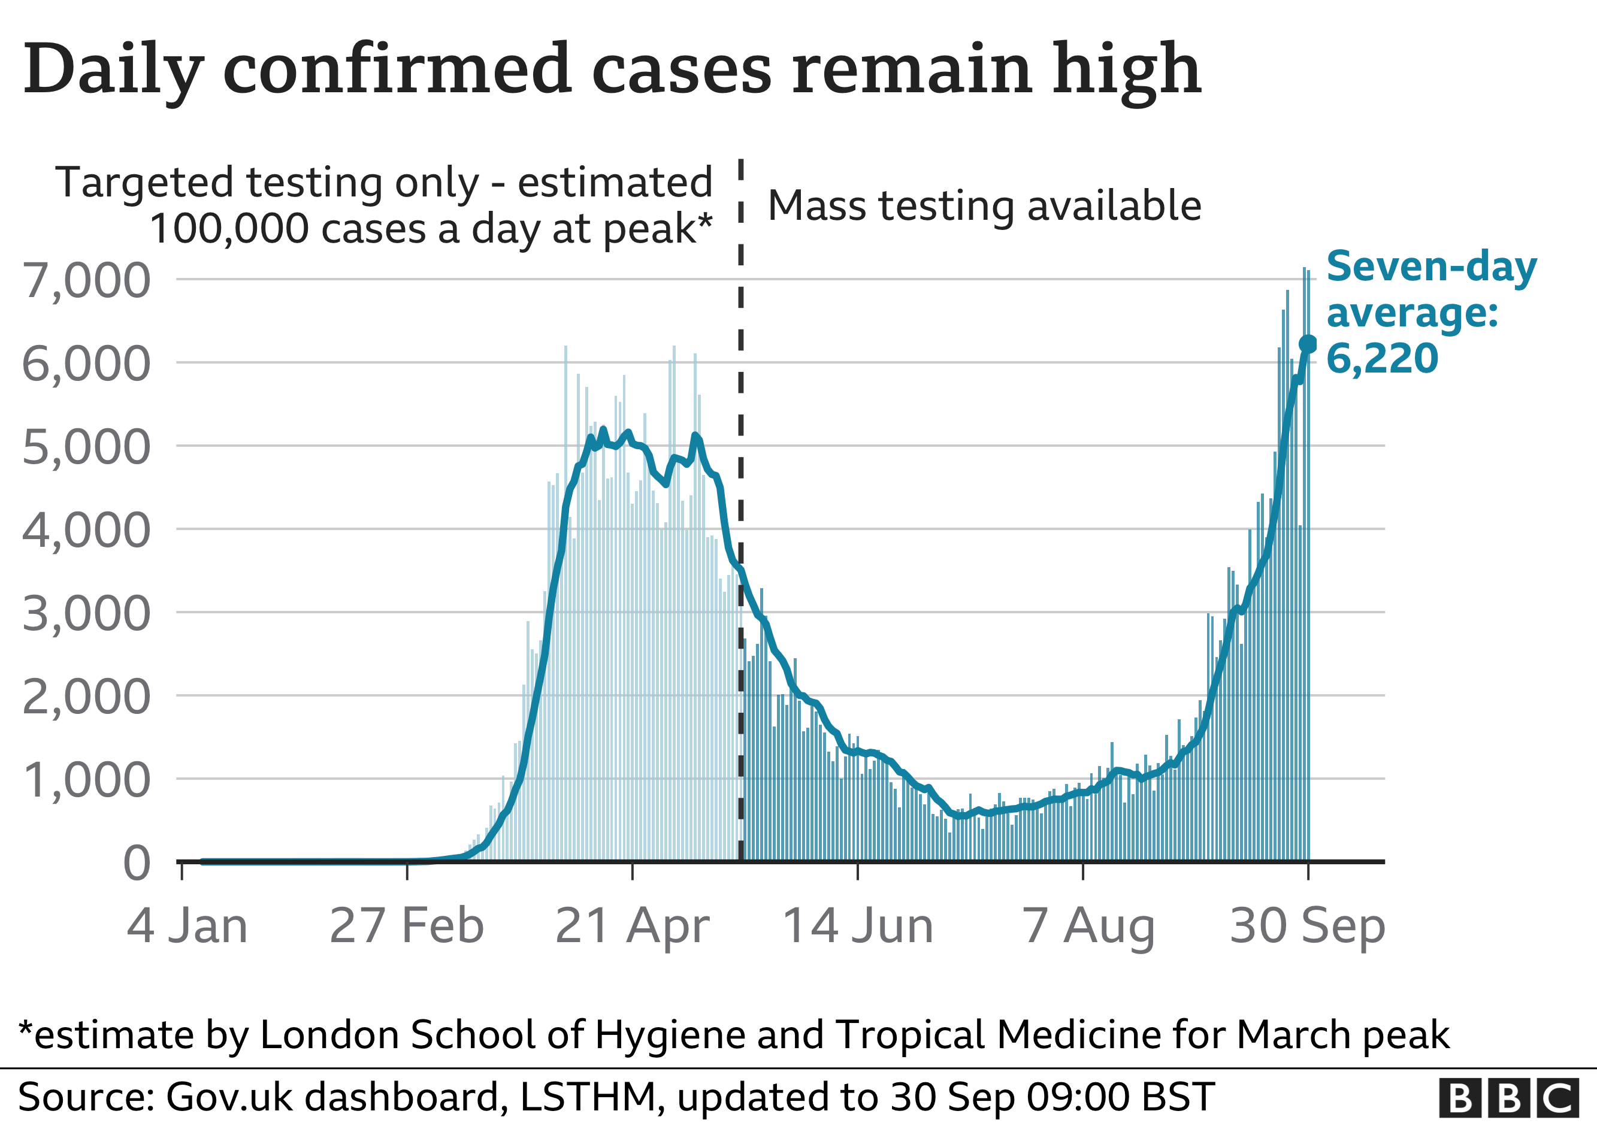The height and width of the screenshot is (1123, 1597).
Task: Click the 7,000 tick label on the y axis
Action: pyautogui.click(x=86, y=281)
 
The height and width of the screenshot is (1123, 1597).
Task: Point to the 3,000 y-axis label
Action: pyautogui.click(x=86, y=614)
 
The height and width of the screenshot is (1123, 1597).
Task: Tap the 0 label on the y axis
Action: pyautogui.click(x=137, y=864)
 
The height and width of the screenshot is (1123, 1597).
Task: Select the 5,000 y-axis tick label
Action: pyautogui.click(x=86, y=447)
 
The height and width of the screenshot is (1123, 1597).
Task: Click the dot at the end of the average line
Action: pyautogui.click(x=1308, y=344)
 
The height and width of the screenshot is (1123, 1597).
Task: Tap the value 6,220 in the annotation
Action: pyautogui.click(x=1382, y=359)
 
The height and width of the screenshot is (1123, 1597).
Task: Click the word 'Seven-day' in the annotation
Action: pyautogui.click(x=1432, y=267)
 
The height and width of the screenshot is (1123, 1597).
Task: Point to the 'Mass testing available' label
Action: pyautogui.click(x=985, y=206)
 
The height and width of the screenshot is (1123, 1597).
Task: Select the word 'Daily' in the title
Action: pyautogui.click(x=113, y=70)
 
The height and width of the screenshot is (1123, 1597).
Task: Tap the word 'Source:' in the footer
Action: pyautogui.click(x=86, y=1097)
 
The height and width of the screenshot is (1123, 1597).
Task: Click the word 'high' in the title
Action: pyautogui.click(x=1127, y=70)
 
